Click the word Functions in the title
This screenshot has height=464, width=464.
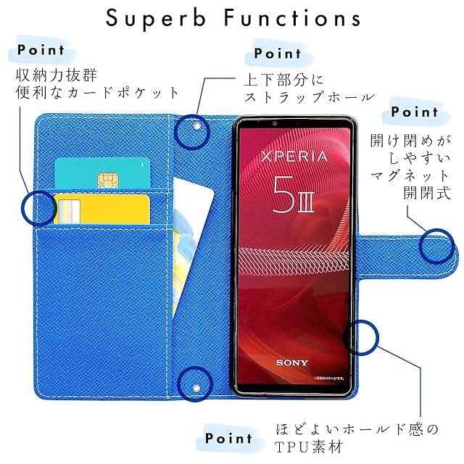(289, 19)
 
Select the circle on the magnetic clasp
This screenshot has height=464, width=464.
(438, 245)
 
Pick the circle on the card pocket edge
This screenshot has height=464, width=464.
(38, 208)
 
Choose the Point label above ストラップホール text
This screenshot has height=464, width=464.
(277, 54)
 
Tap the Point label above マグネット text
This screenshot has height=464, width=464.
(414, 112)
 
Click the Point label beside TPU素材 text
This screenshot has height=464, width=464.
(228, 438)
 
